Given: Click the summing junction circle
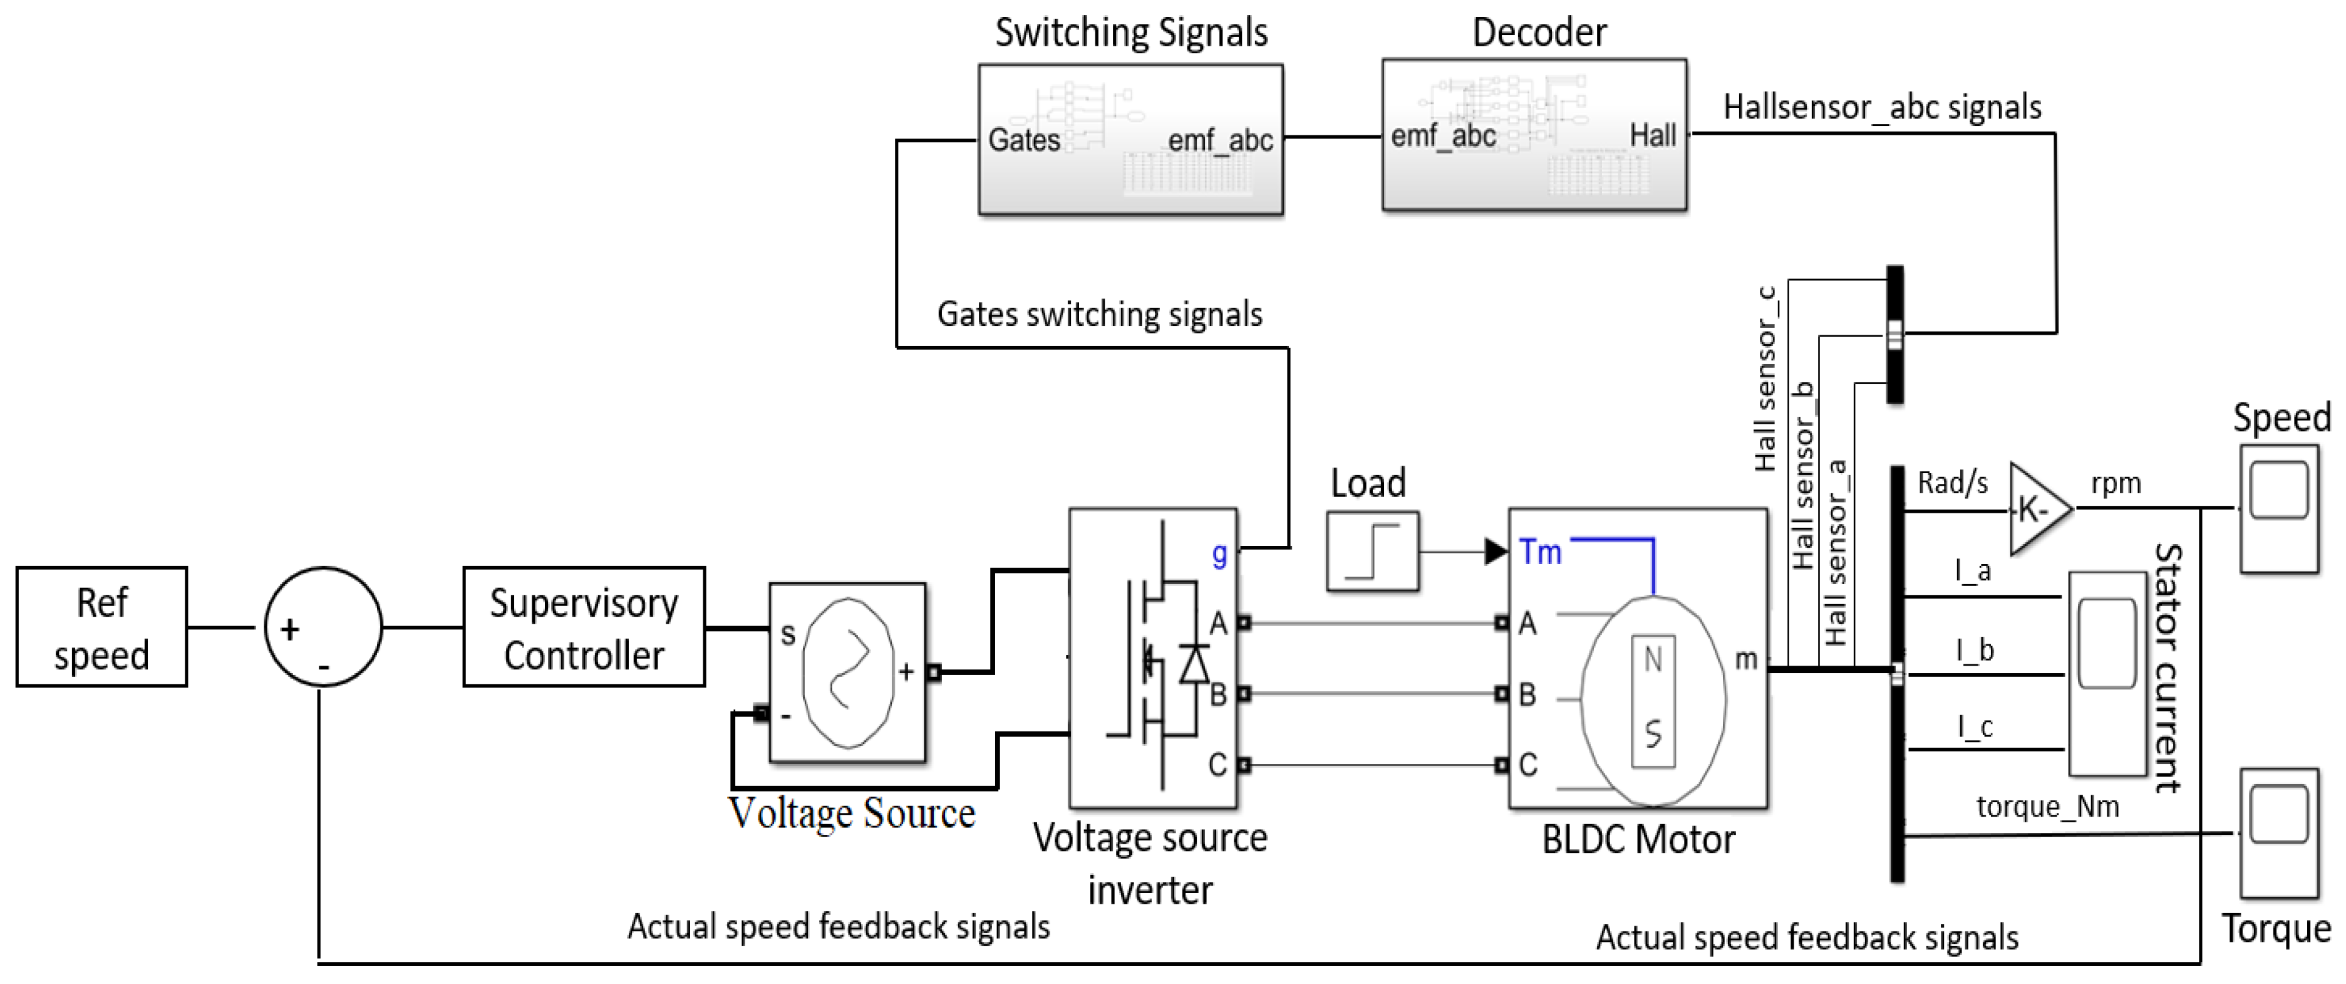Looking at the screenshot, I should [x=323, y=627].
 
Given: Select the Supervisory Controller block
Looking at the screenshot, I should [x=584, y=627].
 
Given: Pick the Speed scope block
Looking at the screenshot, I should [x=2278, y=508].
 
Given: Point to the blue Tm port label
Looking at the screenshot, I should [x=1540, y=552].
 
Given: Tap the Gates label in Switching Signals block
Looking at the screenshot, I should [x=1024, y=140].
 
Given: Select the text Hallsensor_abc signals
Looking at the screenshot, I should [x=1881, y=108].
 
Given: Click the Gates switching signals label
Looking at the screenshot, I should [x=1099, y=315].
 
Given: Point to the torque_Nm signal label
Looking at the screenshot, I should [x=2047, y=807].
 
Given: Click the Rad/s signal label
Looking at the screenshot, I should [x=1953, y=483].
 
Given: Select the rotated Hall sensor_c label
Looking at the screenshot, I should [x=1765, y=378].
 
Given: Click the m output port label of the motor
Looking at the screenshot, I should [x=1745, y=659].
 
